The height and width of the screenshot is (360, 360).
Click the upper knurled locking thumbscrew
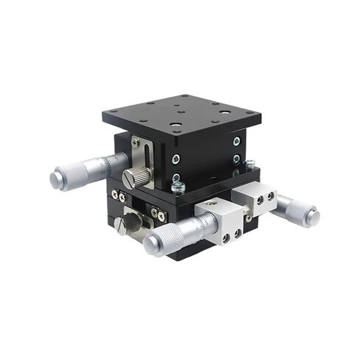136,177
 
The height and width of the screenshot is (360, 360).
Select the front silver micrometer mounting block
221,223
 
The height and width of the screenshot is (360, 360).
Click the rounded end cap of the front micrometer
150,245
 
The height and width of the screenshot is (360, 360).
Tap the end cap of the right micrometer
313,216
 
